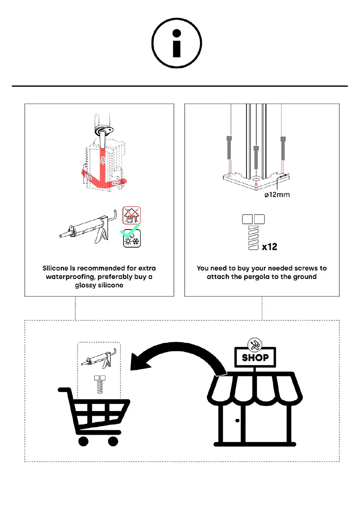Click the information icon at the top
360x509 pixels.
point(177,43)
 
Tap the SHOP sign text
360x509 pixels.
point(255,358)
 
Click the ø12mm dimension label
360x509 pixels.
point(277,195)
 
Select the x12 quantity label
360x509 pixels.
point(269,247)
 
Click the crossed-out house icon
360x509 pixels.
point(131,215)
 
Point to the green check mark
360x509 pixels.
point(129,231)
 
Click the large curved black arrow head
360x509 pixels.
point(139,361)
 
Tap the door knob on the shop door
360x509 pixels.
point(237,420)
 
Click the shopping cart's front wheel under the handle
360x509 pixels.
point(83,441)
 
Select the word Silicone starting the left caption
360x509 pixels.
point(55,268)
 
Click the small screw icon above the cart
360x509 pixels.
point(100,384)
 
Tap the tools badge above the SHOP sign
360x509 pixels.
point(255,345)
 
